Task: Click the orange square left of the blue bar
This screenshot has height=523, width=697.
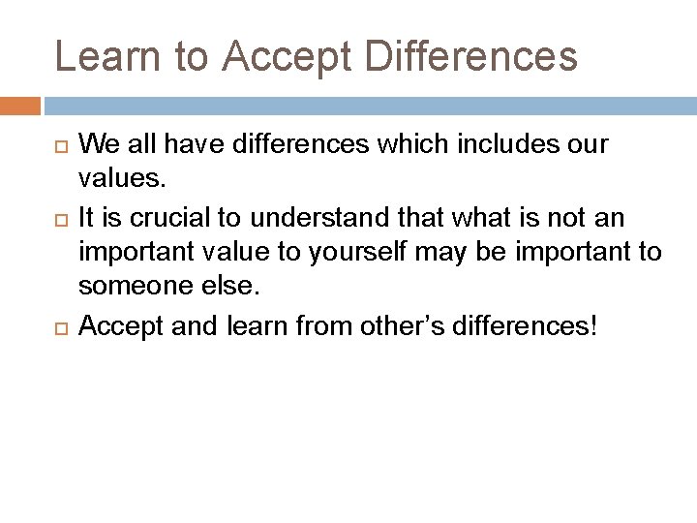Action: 20,105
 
